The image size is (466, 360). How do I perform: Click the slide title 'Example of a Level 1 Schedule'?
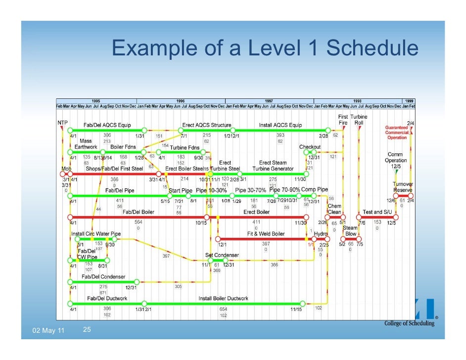click(265, 48)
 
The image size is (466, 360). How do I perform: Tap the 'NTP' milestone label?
click(62, 122)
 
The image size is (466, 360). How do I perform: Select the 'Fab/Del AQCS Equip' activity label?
click(107, 125)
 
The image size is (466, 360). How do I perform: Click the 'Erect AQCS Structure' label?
click(207, 125)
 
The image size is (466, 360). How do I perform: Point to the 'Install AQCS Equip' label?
click(280, 125)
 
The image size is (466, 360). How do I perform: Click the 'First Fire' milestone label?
click(343, 119)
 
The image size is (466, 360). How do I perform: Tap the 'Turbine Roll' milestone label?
click(359, 119)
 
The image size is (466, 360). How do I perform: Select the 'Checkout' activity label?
click(310, 147)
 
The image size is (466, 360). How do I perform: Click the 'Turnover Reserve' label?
click(403, 186)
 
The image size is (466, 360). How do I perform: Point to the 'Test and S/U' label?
click(379, 212)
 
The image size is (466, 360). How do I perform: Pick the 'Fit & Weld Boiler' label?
click(266, 234)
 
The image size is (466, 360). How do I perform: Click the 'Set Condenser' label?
click(222, 255)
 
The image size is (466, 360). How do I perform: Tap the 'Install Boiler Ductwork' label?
click(223, 298)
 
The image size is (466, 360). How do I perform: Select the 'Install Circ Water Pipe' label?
click(96, 234)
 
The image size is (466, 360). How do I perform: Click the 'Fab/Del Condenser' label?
click(103, 277)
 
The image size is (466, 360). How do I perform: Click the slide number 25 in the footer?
click(86, 329)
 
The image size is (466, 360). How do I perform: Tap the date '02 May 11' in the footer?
click(48, 330)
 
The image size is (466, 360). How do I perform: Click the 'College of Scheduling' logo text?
click(409, 323)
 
